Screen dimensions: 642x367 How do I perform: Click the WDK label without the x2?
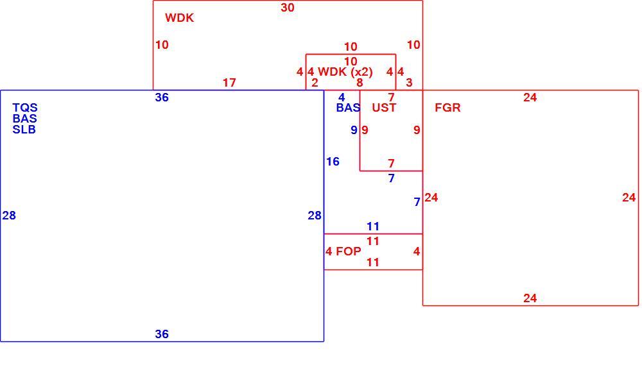click(179, 17)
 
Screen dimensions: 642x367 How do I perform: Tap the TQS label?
click(25, 108)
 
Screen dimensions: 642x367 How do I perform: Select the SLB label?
click(24, 130)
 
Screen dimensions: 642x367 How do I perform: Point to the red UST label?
click(384, 108)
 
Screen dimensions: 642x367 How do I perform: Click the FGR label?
click(447, 108)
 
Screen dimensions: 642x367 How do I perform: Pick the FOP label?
click(349, 252)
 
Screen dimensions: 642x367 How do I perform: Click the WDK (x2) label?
click(345, 72)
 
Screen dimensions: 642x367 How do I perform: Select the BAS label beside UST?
click(348, 108)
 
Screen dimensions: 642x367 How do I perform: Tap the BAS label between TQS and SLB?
click(24, 119)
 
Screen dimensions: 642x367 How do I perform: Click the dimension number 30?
click(288, 7)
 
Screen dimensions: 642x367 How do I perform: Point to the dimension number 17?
click(229, 83)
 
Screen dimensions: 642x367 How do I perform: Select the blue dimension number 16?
click(333, 162)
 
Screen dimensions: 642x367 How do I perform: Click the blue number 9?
click(354, 130)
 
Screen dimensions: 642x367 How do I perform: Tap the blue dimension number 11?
click(373, 226)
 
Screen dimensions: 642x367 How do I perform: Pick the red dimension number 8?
click(360, 83)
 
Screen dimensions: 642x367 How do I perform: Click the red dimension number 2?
click(315, 83)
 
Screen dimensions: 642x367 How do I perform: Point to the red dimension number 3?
click(409, 83)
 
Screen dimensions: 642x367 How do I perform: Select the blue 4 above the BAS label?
click(342, 98)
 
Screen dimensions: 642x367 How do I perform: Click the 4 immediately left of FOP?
click(329, 252)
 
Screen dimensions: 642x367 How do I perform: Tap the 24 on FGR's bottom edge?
click(530, 298)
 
